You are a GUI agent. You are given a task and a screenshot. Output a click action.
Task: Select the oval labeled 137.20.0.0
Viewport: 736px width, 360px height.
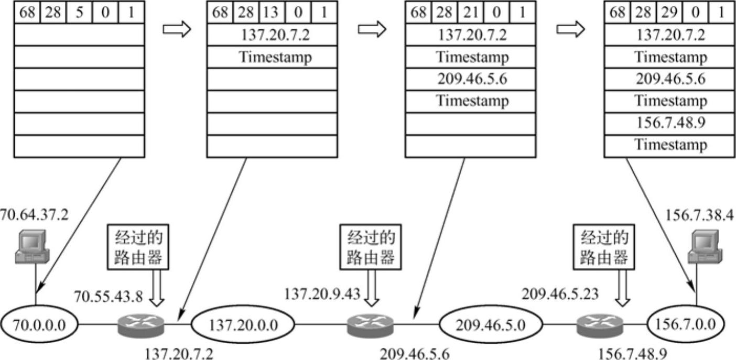[244, 325]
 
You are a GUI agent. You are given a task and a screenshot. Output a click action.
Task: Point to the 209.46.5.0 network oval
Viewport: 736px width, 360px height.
[491, 325]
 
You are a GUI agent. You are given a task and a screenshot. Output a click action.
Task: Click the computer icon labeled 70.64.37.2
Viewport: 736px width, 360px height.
[32, 246]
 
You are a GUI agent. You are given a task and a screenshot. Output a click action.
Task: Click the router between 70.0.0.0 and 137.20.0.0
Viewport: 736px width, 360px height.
[140, 325]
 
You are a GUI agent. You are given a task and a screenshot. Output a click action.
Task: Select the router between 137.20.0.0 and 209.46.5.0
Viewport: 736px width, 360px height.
[371, 325]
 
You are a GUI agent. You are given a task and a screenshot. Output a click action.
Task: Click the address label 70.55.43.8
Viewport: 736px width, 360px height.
[108, 297]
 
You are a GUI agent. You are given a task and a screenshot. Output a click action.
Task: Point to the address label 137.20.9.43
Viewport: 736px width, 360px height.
[322, 294]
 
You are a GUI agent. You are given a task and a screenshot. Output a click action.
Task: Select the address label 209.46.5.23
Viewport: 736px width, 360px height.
[559, 294]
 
